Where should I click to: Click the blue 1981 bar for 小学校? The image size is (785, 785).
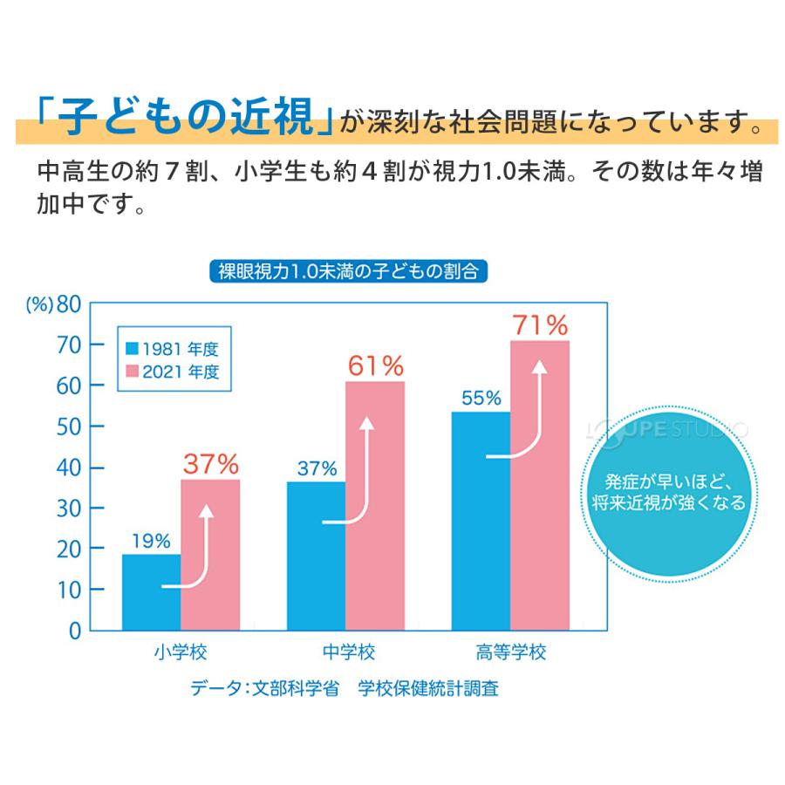[151, 592]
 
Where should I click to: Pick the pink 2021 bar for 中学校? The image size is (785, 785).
[375, 506]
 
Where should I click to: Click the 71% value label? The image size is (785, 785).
[540, 325]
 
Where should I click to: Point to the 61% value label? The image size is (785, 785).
[375, 366]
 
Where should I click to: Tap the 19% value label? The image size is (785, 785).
[151, 541]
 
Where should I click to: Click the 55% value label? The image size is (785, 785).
[481, 399]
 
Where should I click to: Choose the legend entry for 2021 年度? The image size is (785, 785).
[172, 372]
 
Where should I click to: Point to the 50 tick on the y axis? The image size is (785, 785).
[69, 427]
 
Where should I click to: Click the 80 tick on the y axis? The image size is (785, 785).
[69, 304]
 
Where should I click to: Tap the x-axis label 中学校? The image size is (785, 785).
[348, 652]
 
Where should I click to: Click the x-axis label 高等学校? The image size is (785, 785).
[512, 652]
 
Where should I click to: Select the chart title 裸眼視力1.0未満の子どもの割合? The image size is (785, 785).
[348, 271]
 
